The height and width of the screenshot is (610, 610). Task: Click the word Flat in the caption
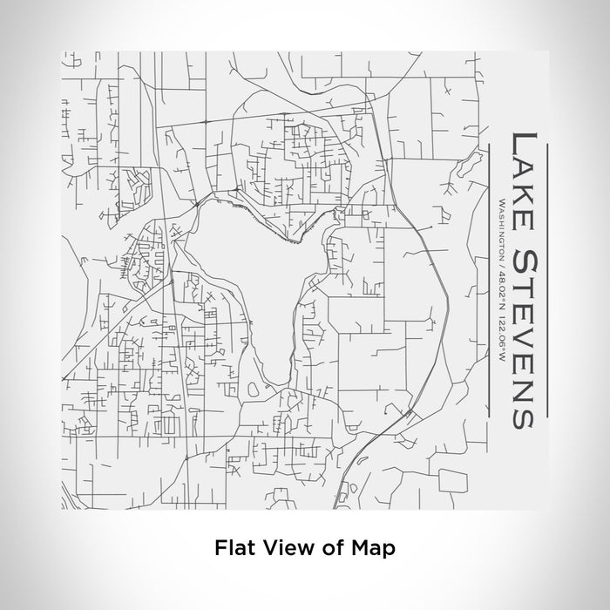coord(232,548)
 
